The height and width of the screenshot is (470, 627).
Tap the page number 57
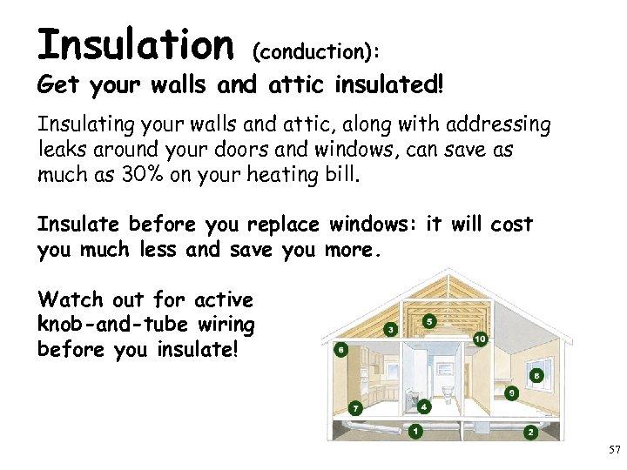(x=614, y=450)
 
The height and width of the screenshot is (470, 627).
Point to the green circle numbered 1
(x=415, y=431)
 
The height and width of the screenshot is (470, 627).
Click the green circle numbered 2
(x=529, y=431)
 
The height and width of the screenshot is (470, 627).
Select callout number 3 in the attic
(x=391, y=330)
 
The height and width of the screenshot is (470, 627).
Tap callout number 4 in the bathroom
(x=424, y=406)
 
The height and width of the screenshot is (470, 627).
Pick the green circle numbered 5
(x=428, y=321)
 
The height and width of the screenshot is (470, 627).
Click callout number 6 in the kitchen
(x=340, y=350)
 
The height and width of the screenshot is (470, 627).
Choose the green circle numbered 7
(x=355, y=407)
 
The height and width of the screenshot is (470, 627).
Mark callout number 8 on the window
(x=536, y=375)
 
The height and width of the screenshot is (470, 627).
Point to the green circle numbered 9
(x=512, y=393)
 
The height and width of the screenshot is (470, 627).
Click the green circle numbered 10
(x=480, y=339)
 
